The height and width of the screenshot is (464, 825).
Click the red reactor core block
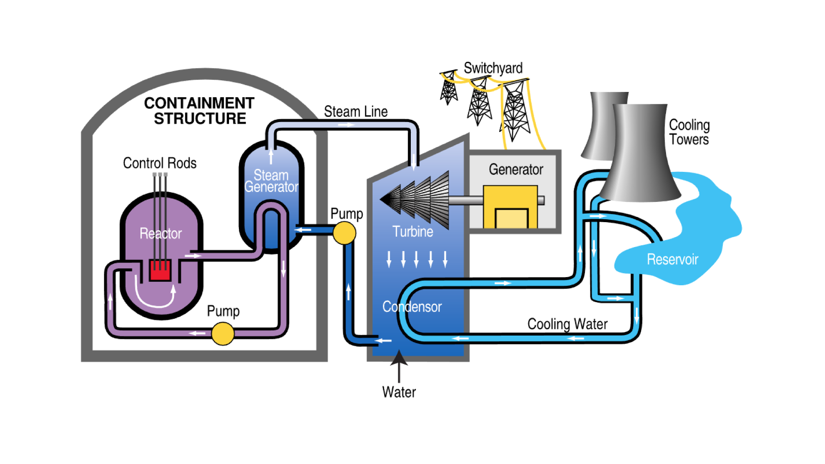(160, 270)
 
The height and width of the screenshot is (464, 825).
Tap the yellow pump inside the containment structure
(223, 334)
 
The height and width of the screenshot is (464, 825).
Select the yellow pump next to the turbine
(344, 233)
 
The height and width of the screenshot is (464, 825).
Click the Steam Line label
(356, 112)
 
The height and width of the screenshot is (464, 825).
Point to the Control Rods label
(159, 163)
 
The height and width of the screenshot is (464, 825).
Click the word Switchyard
(493, 68)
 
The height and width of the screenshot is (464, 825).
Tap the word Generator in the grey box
(516, 170)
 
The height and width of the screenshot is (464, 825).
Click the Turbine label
(412, 232)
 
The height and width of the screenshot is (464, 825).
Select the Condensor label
(412, 307)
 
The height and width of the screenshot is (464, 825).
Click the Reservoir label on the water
(672, 259)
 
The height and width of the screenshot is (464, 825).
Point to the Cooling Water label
(567, 324)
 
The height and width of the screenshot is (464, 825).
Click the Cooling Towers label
(689, 132)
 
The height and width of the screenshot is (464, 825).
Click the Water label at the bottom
(399, 392)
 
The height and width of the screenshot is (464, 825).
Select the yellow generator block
(510, 206)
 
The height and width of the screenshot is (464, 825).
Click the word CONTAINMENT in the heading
(199, 103)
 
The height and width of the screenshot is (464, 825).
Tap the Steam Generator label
(271, 181)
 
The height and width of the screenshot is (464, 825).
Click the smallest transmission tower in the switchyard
(449, 88)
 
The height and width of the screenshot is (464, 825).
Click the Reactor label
(161, 234)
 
